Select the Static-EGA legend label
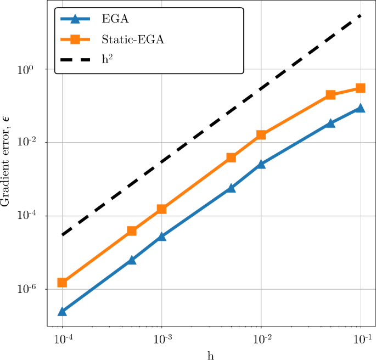[133, 39]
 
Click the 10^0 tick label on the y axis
[27, 70]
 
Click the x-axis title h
[211, 354]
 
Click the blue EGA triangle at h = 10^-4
[62, 312]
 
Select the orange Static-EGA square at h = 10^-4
[62, 283]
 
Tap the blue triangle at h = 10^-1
[361, 108]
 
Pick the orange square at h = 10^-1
[361, 88]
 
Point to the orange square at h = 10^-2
[261, 135]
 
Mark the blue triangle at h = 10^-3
[162, 237]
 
